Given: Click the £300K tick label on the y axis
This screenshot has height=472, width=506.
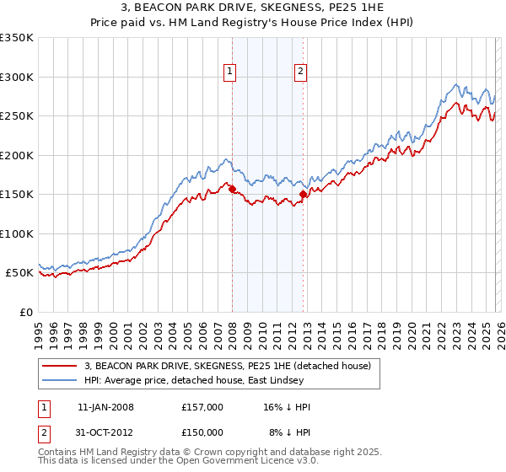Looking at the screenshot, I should point(17,77).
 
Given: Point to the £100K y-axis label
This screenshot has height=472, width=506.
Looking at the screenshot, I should point(17,233).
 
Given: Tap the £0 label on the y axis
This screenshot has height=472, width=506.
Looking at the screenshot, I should point(25,312).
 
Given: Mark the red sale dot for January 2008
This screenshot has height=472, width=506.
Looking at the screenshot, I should point(232,190).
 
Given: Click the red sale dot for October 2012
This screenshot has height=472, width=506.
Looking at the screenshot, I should point(303,195).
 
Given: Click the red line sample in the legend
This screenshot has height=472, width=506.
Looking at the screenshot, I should point(61,366).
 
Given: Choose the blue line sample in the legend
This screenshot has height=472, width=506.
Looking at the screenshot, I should point(61,380).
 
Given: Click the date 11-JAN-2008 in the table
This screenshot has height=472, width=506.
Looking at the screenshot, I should point(105,407).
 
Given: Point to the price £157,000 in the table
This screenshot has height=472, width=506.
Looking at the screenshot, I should point(202,407).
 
